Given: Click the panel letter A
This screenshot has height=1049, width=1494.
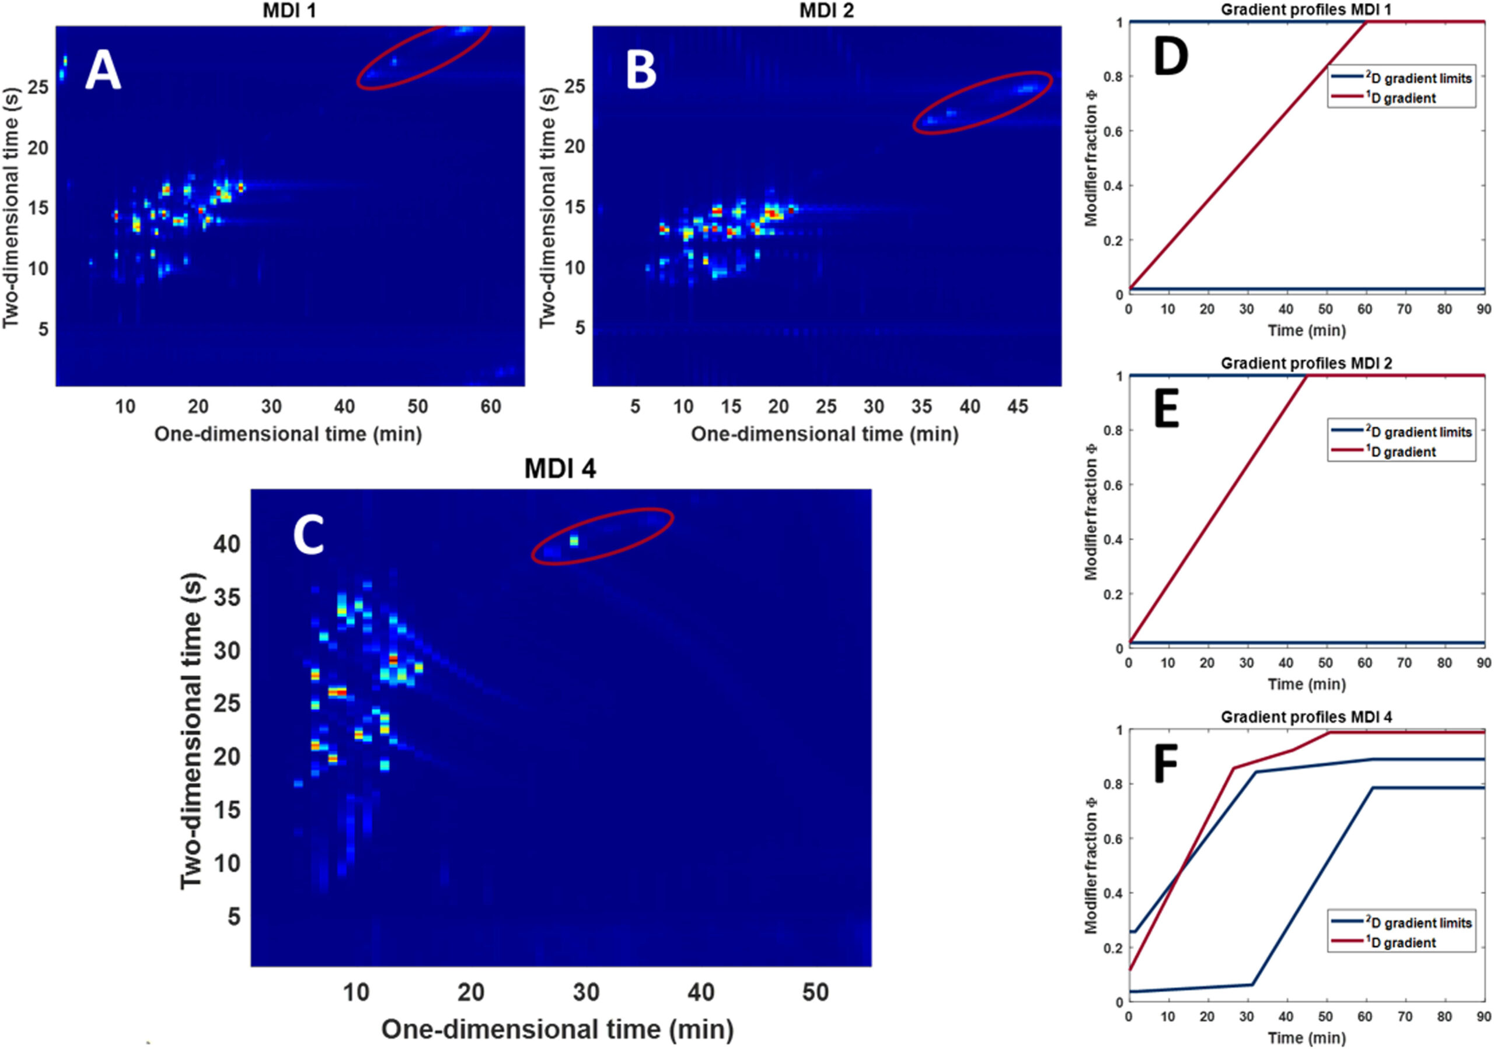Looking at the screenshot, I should click(103, 71).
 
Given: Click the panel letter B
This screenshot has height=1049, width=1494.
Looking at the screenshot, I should click(641, 71).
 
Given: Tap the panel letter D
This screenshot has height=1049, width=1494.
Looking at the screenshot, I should click(1170, 57).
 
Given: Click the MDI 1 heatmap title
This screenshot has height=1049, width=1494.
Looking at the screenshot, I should click(289, 11).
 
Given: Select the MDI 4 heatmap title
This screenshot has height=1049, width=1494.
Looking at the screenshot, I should click(560, 469).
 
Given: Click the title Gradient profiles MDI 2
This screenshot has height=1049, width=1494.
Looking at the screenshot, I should click(1306, 363).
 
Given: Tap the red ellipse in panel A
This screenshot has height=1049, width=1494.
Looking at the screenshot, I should click(424, 56).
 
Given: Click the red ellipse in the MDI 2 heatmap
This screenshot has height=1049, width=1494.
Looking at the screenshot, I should click(983, 103).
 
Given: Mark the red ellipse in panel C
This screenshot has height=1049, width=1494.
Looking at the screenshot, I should click(602, 536).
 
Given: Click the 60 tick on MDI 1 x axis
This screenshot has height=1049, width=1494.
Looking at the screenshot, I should click(491, 407).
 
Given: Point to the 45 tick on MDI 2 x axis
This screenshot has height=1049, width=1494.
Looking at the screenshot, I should click(1018, 407).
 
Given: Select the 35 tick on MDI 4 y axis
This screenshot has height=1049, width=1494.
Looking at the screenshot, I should click(226, 597).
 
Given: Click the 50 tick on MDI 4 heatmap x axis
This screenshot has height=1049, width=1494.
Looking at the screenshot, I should click(815, 992).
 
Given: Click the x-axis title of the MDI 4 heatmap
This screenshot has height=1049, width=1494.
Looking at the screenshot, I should click(558, 1030).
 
